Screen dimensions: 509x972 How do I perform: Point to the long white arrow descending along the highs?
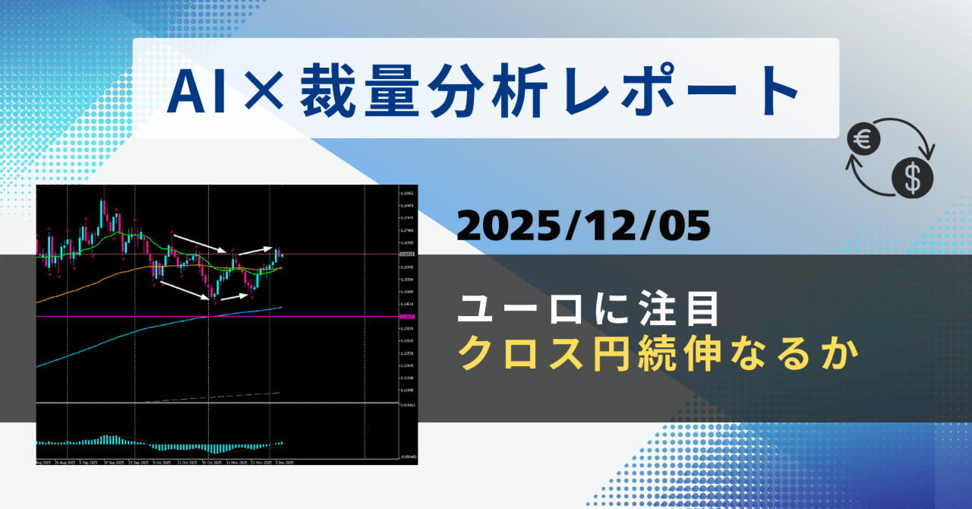coord(199,243)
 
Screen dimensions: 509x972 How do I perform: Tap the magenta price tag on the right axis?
coord(407,316)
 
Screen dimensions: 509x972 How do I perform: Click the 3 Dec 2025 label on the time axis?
coord(282,462)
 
